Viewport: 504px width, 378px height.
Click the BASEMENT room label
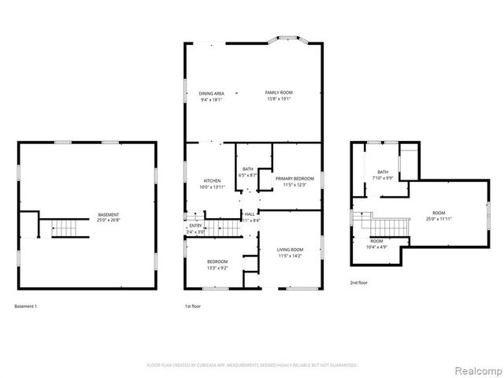[109, 215]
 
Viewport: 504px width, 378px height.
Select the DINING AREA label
[212, 93]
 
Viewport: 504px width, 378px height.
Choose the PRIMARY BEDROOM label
[295, 178]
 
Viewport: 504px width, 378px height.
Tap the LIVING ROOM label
[290, 250]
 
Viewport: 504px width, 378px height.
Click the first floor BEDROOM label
[217, 261]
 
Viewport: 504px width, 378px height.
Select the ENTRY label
[195, 226]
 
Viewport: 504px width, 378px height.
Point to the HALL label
[249, 213]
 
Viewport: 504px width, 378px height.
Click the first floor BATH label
[247, 169]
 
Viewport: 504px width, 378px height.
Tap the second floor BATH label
[383, 172]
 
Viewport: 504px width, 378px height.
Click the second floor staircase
[386, 227]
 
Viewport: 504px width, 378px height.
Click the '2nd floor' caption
[360, 282]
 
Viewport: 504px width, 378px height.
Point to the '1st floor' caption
[193, 306]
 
